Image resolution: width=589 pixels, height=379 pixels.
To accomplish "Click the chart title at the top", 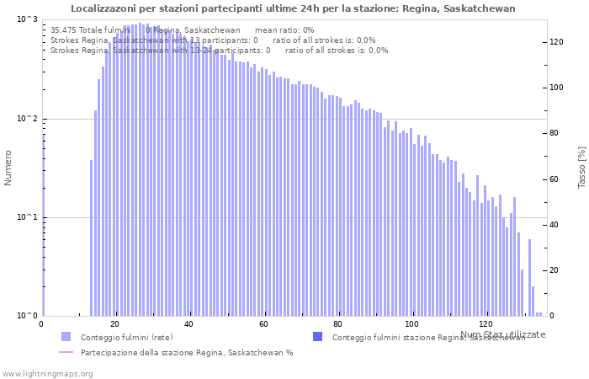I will coord(293,8).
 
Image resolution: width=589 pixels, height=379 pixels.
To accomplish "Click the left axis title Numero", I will coord(8,168).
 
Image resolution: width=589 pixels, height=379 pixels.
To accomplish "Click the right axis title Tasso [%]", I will coord(581,168).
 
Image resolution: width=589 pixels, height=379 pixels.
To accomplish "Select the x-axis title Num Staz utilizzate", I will coord(502,334).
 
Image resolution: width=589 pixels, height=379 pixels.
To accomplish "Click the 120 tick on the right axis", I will coord(556,42).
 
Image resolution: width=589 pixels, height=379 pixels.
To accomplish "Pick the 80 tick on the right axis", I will coord(556,133).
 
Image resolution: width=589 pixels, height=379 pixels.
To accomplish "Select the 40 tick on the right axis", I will coord(556,225).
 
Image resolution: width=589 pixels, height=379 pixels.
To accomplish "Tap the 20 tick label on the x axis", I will coord(115,324).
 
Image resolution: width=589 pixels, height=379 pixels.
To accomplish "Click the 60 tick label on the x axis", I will coord(263,324).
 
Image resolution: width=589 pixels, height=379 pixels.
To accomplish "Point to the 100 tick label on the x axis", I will coord(411,324).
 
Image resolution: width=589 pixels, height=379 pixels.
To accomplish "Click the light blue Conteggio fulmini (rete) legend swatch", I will coord(66,337).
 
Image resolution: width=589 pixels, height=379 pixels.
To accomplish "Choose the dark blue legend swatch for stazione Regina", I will coord(317,337).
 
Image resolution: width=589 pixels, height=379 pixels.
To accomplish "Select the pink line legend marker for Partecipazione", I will coord(66,353).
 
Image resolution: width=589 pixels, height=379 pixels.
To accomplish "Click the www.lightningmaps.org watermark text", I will coord(47,373).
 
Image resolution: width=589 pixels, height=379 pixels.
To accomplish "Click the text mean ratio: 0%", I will coord(289,30).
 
